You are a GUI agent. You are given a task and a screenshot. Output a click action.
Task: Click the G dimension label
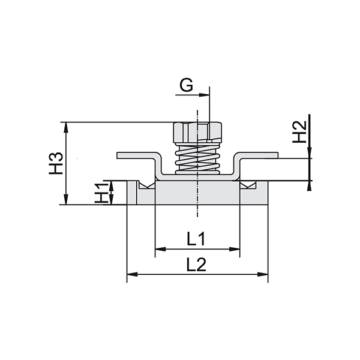187,85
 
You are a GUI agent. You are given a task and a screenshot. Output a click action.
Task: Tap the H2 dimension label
299,132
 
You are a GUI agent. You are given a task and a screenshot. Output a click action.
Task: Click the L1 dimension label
197,239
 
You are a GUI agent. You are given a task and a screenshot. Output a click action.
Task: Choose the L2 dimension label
197,265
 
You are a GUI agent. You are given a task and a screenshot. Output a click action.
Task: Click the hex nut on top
197,130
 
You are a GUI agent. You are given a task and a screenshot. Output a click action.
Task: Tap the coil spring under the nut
197,158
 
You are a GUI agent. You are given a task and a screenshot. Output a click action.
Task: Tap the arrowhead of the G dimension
206,94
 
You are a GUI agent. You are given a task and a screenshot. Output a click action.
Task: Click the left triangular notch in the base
145,186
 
